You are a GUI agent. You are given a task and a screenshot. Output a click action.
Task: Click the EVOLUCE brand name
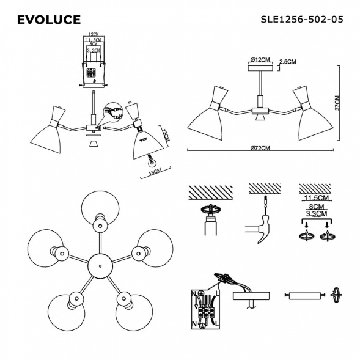coord(48,20)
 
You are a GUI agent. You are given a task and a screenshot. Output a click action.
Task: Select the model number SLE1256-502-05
coord(301,20)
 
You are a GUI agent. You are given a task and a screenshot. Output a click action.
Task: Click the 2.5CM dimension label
coord(287,62)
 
